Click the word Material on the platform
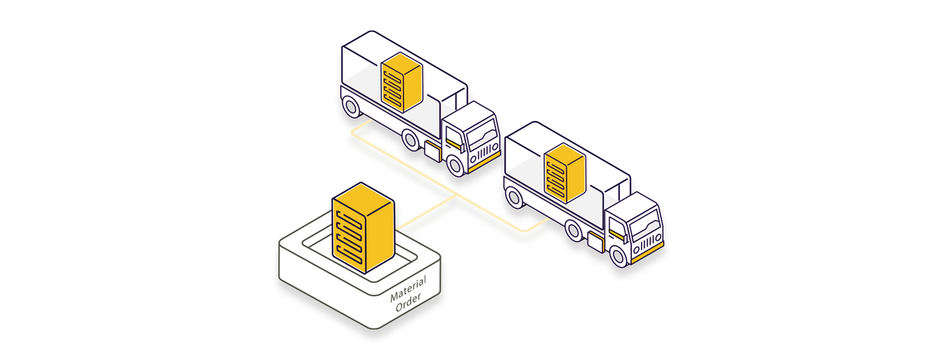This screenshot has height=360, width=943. pyautogui.click(x=408, y=288)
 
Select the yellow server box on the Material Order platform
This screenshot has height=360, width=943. pyautogui.click(x=361, y=228)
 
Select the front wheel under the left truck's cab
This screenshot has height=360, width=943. pyautogui.click(x=456, y=164)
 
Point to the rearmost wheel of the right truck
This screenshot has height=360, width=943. pyautogui.click(x=515, y=197)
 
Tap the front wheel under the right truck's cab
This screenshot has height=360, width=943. pyautogui.click(x=619, y=255)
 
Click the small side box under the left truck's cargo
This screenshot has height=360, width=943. pyautogui.click(x=432, y=151)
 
